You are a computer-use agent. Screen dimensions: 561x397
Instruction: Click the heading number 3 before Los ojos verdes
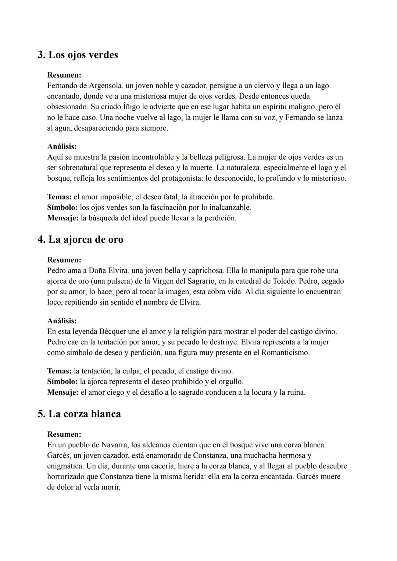(41, 55)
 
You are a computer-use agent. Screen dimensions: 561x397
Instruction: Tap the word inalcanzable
(229, 207)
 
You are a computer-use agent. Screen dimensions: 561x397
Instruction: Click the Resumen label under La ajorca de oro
(64, 260)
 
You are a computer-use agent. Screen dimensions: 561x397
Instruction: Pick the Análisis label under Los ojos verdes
(62, 146)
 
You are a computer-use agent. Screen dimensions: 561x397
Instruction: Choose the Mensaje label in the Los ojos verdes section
(63, 218)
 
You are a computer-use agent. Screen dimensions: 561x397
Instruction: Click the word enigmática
(65, 466)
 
